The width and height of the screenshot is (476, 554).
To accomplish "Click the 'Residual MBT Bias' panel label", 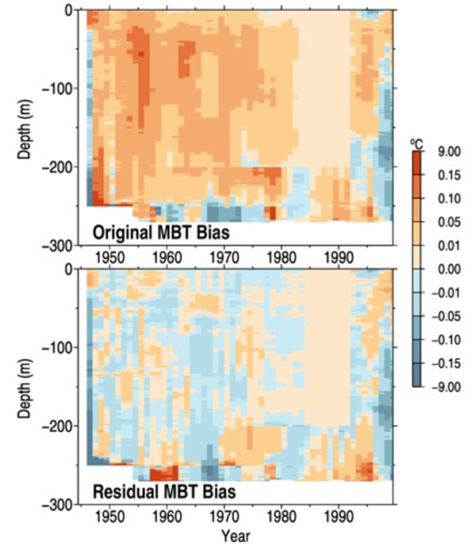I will click(161, 491).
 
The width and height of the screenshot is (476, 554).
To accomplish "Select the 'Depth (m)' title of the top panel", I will click(23, 128).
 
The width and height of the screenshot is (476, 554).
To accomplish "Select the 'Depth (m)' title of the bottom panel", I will click(23, 386).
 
